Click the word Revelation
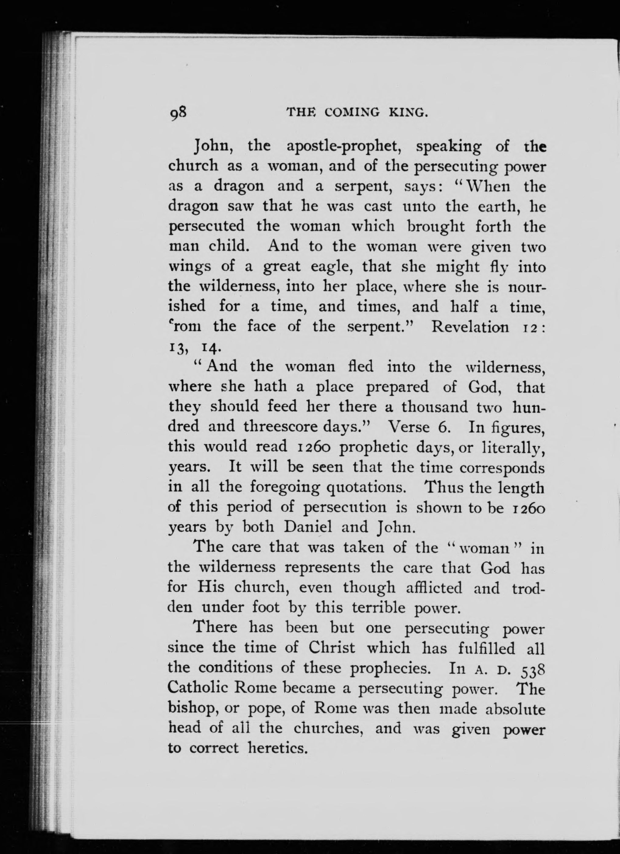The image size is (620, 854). [x=470, y=326]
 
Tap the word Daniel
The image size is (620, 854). [x=308, y=526]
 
